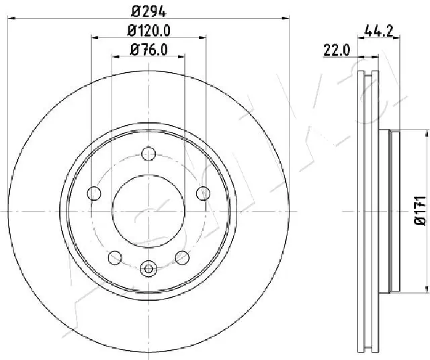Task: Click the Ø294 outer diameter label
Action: coord(148,11)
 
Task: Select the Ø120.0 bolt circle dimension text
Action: coord(148,30)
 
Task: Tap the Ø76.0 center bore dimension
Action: coord(148,49)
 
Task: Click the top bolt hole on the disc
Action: coord(148,154)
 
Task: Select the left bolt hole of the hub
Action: coord(94,194)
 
